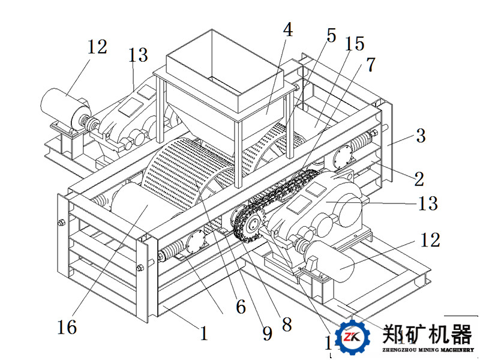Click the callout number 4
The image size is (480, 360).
pyautogui.click(x=289, y=30)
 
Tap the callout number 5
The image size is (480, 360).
pyautogui.click(x=331, y=35)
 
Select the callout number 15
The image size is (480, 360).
pyautogui.click(x=354, y=44)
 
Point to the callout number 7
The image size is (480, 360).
pyautogui.click(x=371, y=65)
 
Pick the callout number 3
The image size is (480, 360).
pyautogui.click(x=420, y=136)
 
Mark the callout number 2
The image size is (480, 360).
pyautogui.click(x=418, y=178)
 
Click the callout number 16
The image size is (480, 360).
pyautogui.click(x=67, y=328)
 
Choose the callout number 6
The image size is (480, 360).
pyautogui.click(x=240, y=307)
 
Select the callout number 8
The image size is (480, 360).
pyautogui.click(x=286, y=325)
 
